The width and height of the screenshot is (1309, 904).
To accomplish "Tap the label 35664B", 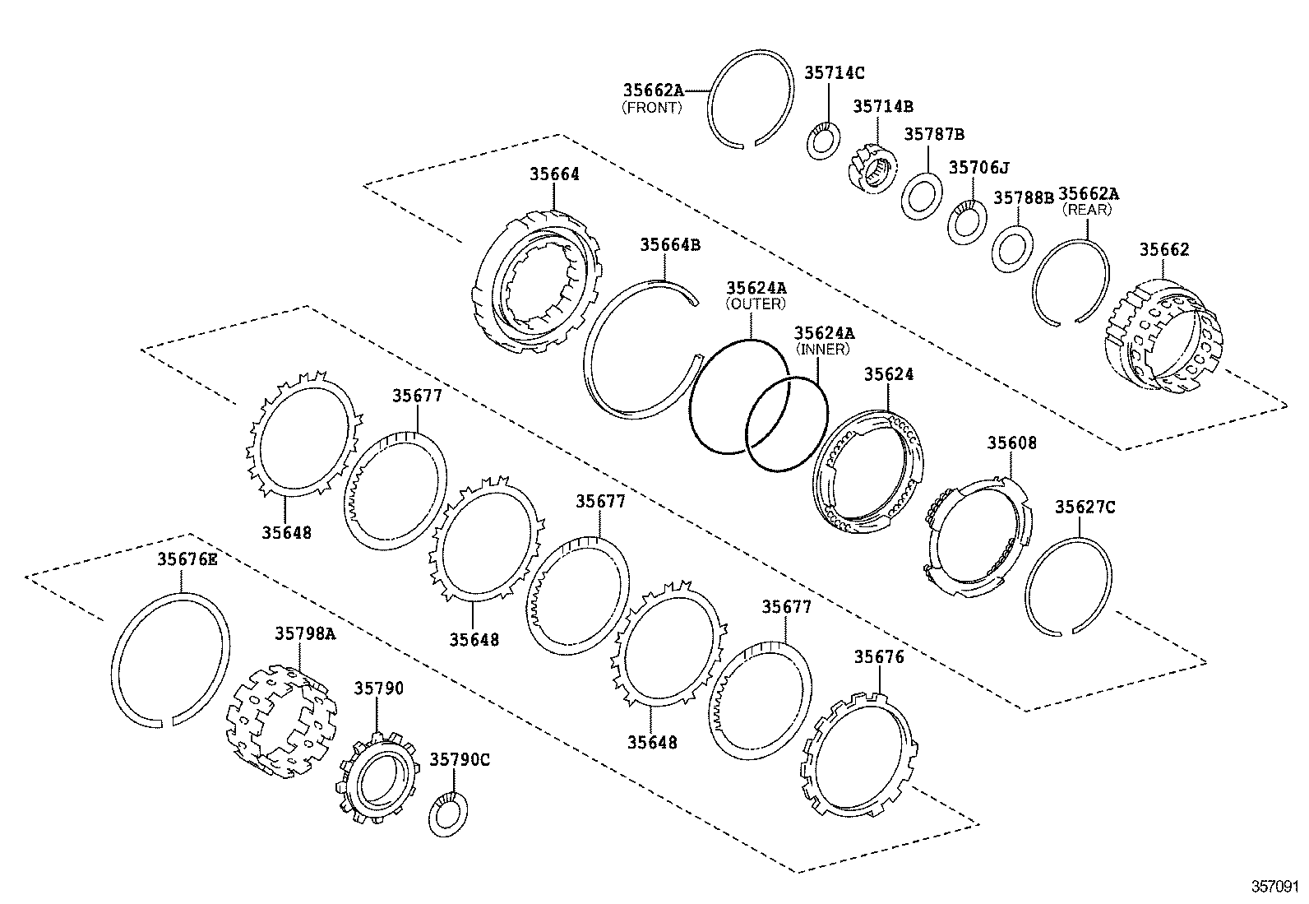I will (x=670, y=244).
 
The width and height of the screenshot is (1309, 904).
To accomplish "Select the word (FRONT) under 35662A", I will (x=651, y=108).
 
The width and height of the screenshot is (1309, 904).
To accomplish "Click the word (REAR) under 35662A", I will (x=1087, y=210).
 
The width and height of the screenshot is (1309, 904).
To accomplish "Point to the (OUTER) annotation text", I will (x=755, y=304).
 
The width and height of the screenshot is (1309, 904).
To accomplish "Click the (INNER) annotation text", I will (x=822, y=349).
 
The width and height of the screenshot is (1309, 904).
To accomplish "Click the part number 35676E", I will (x=187, y=559).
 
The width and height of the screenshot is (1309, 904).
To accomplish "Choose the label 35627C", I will (x=1085, y=507).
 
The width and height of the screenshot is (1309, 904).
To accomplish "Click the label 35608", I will (x=1011, y=443).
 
